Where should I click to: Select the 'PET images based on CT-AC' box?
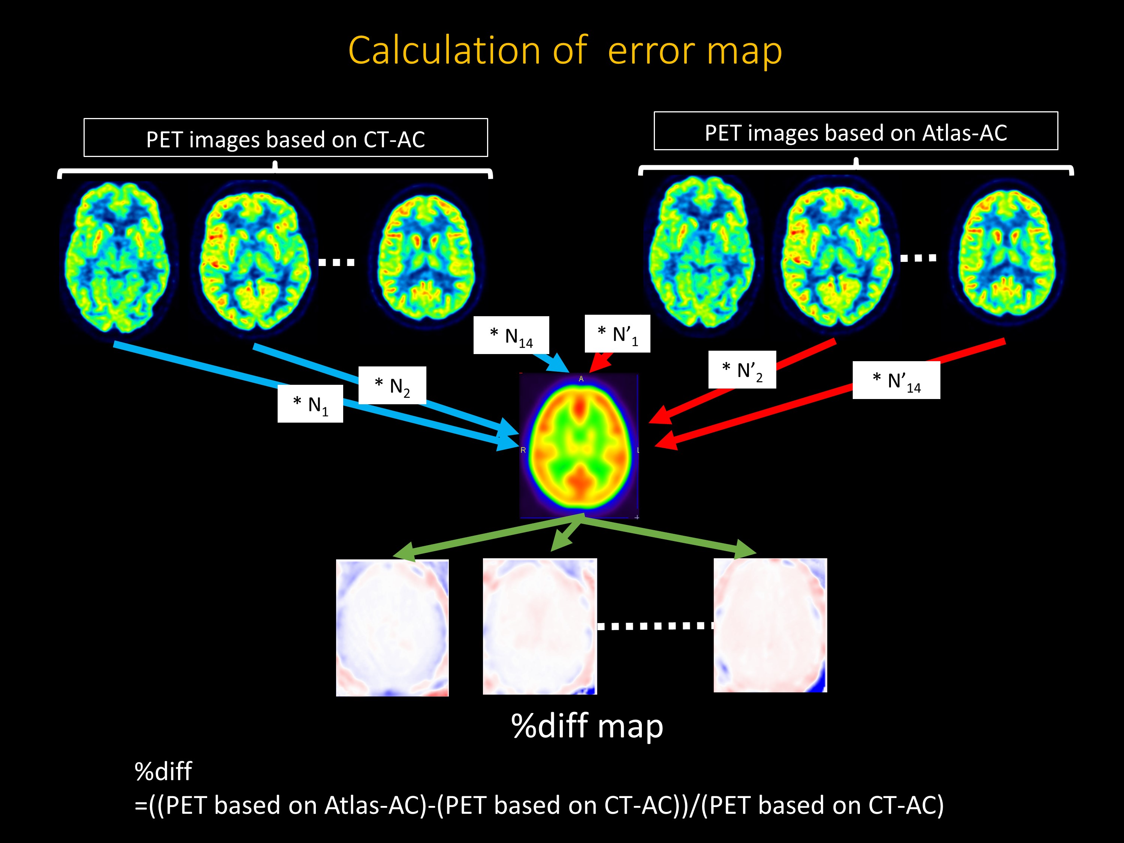(x=285, y=138)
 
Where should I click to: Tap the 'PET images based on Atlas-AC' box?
(x=856, y=132)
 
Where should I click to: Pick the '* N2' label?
(x=392, y=386)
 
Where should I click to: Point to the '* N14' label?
(x=511, y=335)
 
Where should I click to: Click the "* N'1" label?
(x=617, y=334)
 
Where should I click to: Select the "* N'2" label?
(x=742, y=370)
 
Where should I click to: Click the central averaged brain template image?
(x=579, y=445)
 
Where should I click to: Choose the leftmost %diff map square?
(x=392, y=628)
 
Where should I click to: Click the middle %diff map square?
(x=540, y=626)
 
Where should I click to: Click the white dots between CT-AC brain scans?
(x=336, y=263)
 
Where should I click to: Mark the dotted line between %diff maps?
(x=655, y=626)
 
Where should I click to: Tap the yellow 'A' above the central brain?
(x=581, y=378)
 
